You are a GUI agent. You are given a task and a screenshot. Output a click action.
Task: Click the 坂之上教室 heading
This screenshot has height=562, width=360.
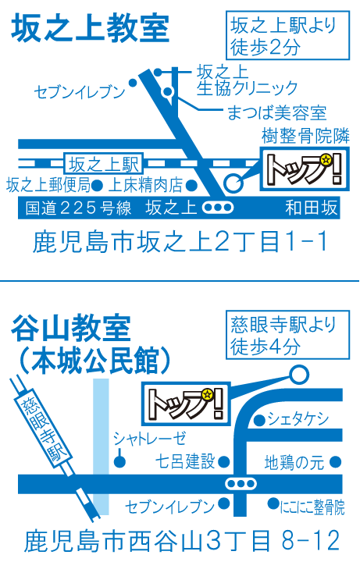(90, 28)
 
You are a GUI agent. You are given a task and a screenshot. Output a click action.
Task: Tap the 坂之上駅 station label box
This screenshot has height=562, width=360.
(104, 164)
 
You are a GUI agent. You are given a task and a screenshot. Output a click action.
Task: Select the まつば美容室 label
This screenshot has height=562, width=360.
(276, 112)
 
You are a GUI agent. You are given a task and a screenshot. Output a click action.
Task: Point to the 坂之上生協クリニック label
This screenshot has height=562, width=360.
(247, 80)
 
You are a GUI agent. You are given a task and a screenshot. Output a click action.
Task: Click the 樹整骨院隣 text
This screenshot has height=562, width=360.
(305, 136)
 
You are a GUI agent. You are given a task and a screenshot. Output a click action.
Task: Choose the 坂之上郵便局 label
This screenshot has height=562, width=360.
(48, 185)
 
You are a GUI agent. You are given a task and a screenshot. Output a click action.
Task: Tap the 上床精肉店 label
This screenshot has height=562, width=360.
(145, 185)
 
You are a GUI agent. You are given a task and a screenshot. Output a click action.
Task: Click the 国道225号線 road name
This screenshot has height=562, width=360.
(79, 208)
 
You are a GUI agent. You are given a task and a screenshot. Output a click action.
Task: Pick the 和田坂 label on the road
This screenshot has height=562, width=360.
(312, 208)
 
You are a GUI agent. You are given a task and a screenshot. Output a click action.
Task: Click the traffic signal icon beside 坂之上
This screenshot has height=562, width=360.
(218, 208)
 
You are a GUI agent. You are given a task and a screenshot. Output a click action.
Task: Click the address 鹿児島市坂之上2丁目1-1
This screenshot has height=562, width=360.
(180, 241)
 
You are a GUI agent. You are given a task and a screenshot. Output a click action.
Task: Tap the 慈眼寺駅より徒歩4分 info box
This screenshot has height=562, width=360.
(287, 335)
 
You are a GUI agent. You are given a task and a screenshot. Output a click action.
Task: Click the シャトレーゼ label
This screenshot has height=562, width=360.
(149, 438)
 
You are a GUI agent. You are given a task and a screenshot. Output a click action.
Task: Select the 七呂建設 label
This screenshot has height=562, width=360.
(184, 461)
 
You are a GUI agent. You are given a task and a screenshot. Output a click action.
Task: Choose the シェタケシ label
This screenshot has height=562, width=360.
(298, 418)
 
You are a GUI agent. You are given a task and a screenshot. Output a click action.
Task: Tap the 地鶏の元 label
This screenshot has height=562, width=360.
(294, 462)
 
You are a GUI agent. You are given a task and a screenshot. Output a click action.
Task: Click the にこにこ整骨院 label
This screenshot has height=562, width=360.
(312, 507)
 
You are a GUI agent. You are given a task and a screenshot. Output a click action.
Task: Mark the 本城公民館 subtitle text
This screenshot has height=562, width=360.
(94, 360)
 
